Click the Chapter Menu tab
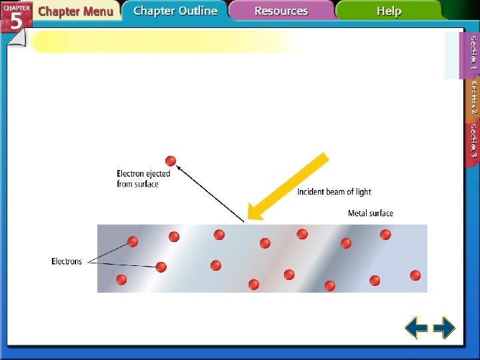pos(75,11)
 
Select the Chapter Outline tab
pos(175,11)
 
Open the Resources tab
pos(281,11)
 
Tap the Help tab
pos(389,11)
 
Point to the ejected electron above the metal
pos(171,161)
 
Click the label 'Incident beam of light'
pos(334,192)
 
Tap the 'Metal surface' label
pos(371,213)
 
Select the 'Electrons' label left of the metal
pos(67,261)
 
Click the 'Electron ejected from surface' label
pos(143,179)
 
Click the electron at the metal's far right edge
pos(415,275)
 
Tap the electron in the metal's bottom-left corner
pos(121,279)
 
